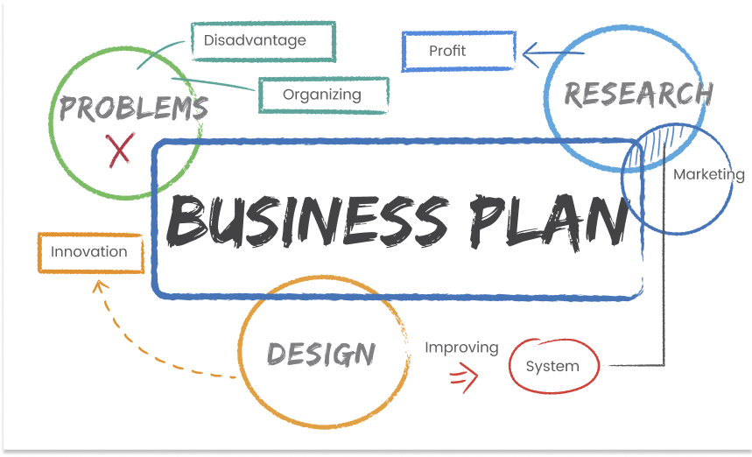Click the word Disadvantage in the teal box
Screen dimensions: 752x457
pyautogui.click(x=255, y=40)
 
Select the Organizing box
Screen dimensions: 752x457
pyautogui.click(x=324, y=95)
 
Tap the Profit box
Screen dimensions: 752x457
pyautogui.click(x=459, y=52)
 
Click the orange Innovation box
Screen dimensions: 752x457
pyautogui.click(x=91, y=253)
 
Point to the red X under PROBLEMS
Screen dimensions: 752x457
pyautogui.click(x=120, y=150)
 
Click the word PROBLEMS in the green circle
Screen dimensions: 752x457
pyautogui.click(x=134, y=108)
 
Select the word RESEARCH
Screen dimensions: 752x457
pyautogui.click(x=638, y=94)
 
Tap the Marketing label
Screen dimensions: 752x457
pyautogui.click(x=709, y=174)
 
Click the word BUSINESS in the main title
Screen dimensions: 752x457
pyautogui.click(x=307, y=221)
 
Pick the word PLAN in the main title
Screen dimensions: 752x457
pyautogui.click(x=549, y=221)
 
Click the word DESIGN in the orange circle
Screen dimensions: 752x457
pyautogui.click(x=321, y=355)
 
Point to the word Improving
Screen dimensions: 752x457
pyautogui.click(x=461, y=348)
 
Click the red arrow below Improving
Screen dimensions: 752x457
pyautogui.click(x=464, y=377)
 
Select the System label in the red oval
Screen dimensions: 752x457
pyautogui.click(x=552, y=366)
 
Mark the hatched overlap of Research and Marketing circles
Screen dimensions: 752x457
pyautogui.click(x=661, y=144)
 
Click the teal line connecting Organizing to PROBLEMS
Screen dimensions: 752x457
pyautogui.click(x=213, y=84)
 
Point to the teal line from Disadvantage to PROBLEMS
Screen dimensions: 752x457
pyautogui.click(x=159, y=53)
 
